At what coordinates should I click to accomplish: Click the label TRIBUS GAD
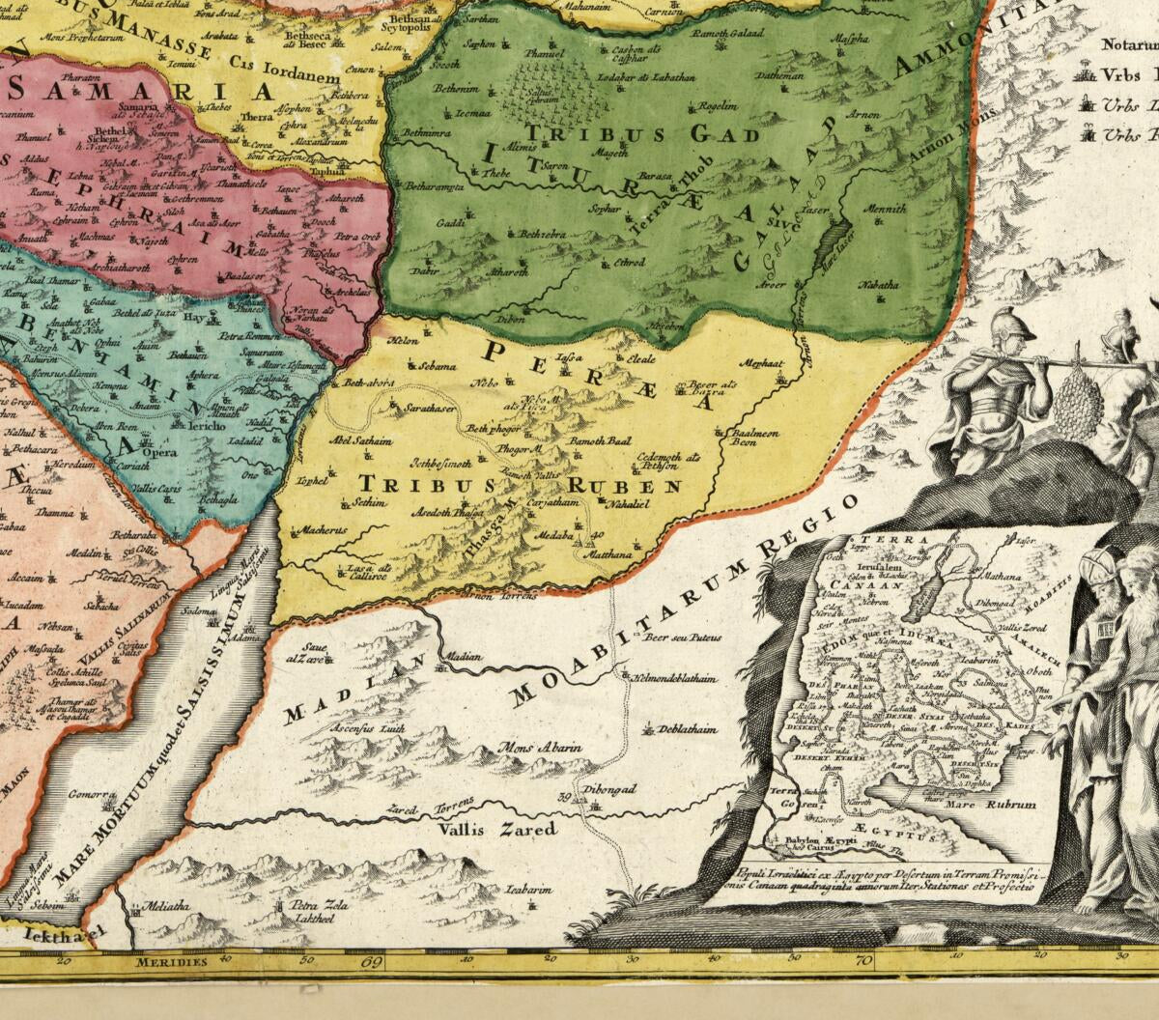click(641, 133)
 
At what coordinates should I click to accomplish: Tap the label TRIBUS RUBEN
click(521, 485)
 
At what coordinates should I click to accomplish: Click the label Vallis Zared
click(496, 829)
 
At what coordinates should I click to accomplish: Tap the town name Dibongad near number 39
click(606, 789)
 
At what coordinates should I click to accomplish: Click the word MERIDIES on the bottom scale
click(171, 962)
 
